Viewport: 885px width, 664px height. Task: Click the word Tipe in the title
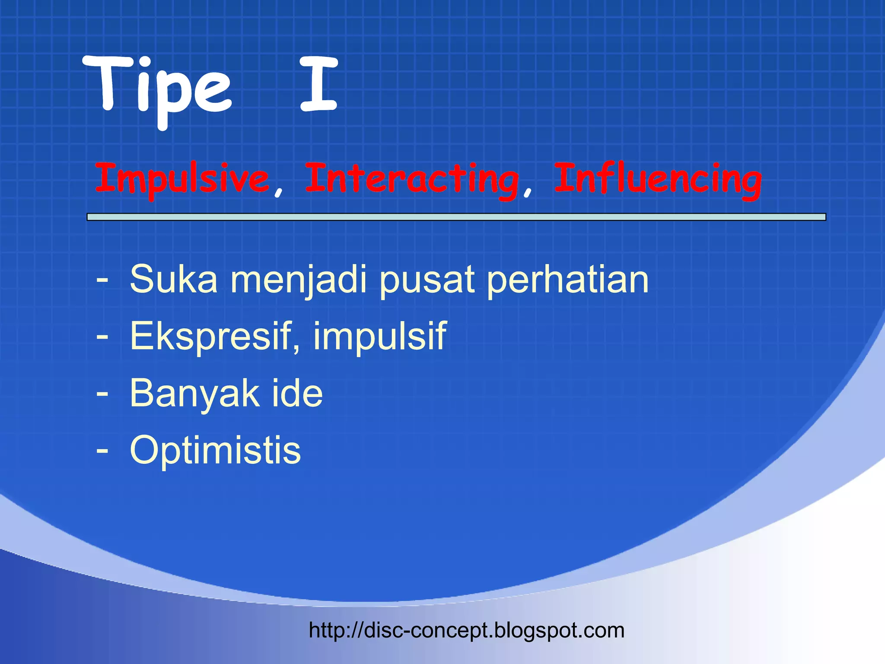(158, 89)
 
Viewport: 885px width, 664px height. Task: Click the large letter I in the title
(318, 84)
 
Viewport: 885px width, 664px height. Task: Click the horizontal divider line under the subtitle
(456, 217)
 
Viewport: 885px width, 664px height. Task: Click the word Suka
(173, 280)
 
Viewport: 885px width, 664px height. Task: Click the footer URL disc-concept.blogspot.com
(467, 630)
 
